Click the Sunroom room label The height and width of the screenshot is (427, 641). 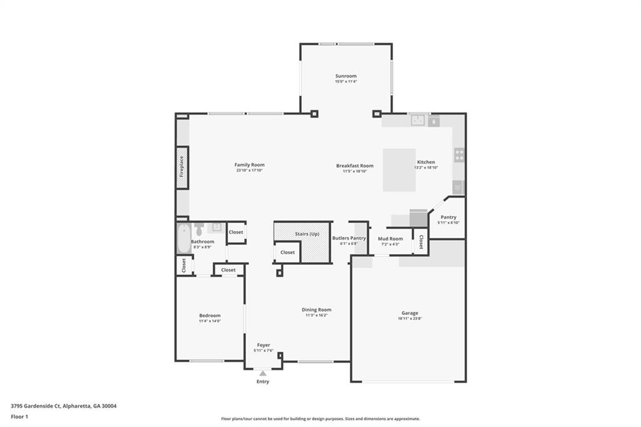pos(346,76)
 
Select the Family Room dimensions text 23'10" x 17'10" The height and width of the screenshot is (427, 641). pos(249,170)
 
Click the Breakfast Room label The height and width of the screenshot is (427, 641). pos(354,166)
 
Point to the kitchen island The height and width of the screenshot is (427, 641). pos(399,170)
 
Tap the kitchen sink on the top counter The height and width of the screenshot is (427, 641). pos(419,120)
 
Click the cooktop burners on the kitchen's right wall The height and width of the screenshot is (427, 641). pos(459,154)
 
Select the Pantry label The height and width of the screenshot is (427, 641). pos(448,217)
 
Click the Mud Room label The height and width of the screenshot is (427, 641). pos(390,239)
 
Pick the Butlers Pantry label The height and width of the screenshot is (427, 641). pos(349,238)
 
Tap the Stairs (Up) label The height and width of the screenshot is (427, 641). pos(307,234)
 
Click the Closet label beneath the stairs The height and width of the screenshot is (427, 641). pos(287,252)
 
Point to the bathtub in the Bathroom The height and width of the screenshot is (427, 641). pos(182,239)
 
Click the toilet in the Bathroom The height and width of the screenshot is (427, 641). pos(199,229)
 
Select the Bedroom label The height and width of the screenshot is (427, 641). pos(210,316)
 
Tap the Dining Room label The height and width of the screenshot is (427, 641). pos(316,309)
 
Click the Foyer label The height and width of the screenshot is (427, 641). pos(263,345)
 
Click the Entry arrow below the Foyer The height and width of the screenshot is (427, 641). pos(263,374)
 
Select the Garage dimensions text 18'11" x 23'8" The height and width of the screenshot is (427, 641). pos(409,318)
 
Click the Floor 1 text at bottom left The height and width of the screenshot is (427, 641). pos(19,416)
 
